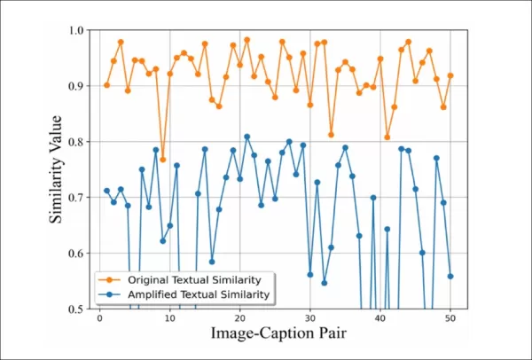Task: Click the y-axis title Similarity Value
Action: tap(56, 169)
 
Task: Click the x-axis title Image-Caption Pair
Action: tap(278, 333)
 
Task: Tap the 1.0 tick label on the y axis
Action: tap(75, 30)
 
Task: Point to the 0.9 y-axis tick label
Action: tap(75, 86)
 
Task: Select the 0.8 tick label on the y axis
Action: tap(75, 142)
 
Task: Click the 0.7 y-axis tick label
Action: tap(75, 198)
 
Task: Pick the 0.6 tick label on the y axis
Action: tap(75, 253)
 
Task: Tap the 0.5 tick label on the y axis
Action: tap(75, 309)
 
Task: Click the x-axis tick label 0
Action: tap(99, 318)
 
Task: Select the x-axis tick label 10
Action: tap(169, 318)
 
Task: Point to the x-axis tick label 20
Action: tap(240, 318)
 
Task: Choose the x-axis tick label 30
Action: tap(310, 318)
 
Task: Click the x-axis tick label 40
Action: tap(380, 318)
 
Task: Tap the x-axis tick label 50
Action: tap(450, 318)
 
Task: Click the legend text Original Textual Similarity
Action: tap(194, 280)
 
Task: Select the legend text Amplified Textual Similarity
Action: tap(199, 294)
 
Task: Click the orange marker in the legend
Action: tap(109, 280)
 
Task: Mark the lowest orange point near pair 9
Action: tap(163, 160)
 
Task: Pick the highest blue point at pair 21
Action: tap(247, 137)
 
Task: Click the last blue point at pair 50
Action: tap(450, 276)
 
